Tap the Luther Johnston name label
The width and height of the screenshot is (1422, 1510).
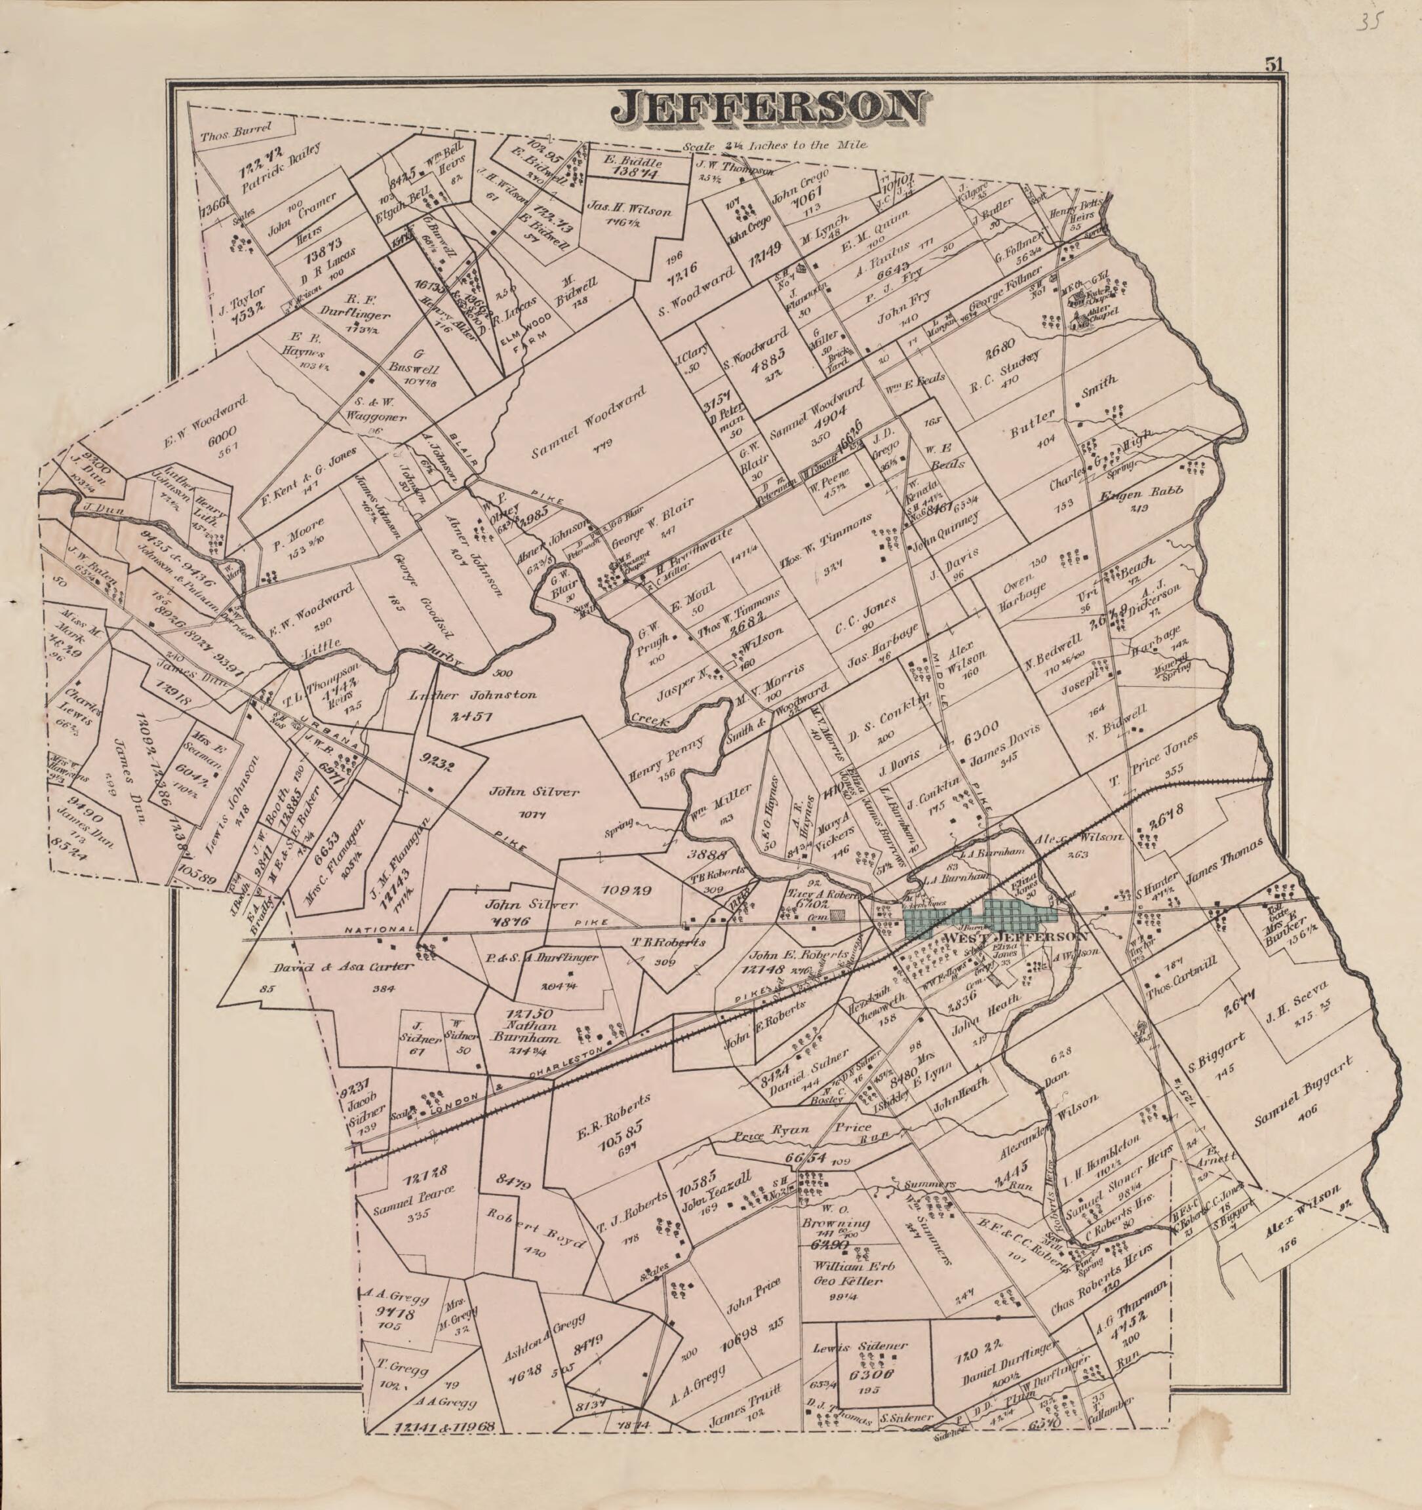coord(473,694)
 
